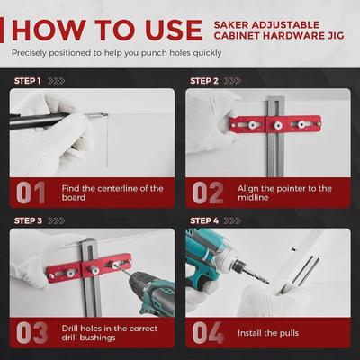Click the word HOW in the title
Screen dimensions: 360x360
[x=49, y=31]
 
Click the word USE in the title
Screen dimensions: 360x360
[x=174, y=31]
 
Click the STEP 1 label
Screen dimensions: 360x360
[x=27, y=81]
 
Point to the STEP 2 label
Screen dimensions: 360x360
[x=204, y=81]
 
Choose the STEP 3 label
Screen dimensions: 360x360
[x=28, y=221]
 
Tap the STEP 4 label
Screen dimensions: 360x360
[x=204, y=221]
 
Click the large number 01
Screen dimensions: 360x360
[x=31, y=193]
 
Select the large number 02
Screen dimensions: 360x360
[x=208, y=193]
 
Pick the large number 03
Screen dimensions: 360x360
[x=31, y=333]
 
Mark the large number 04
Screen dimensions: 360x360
[x=208, y=333]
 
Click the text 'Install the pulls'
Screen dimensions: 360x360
[x=268, y=333]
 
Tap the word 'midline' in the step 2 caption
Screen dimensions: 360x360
[x=249, y=198]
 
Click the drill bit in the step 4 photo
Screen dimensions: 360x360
[x=255, y=275]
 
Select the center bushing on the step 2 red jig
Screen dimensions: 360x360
[x=278, y=125]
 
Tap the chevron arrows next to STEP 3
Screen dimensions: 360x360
[x=56, y=221]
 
